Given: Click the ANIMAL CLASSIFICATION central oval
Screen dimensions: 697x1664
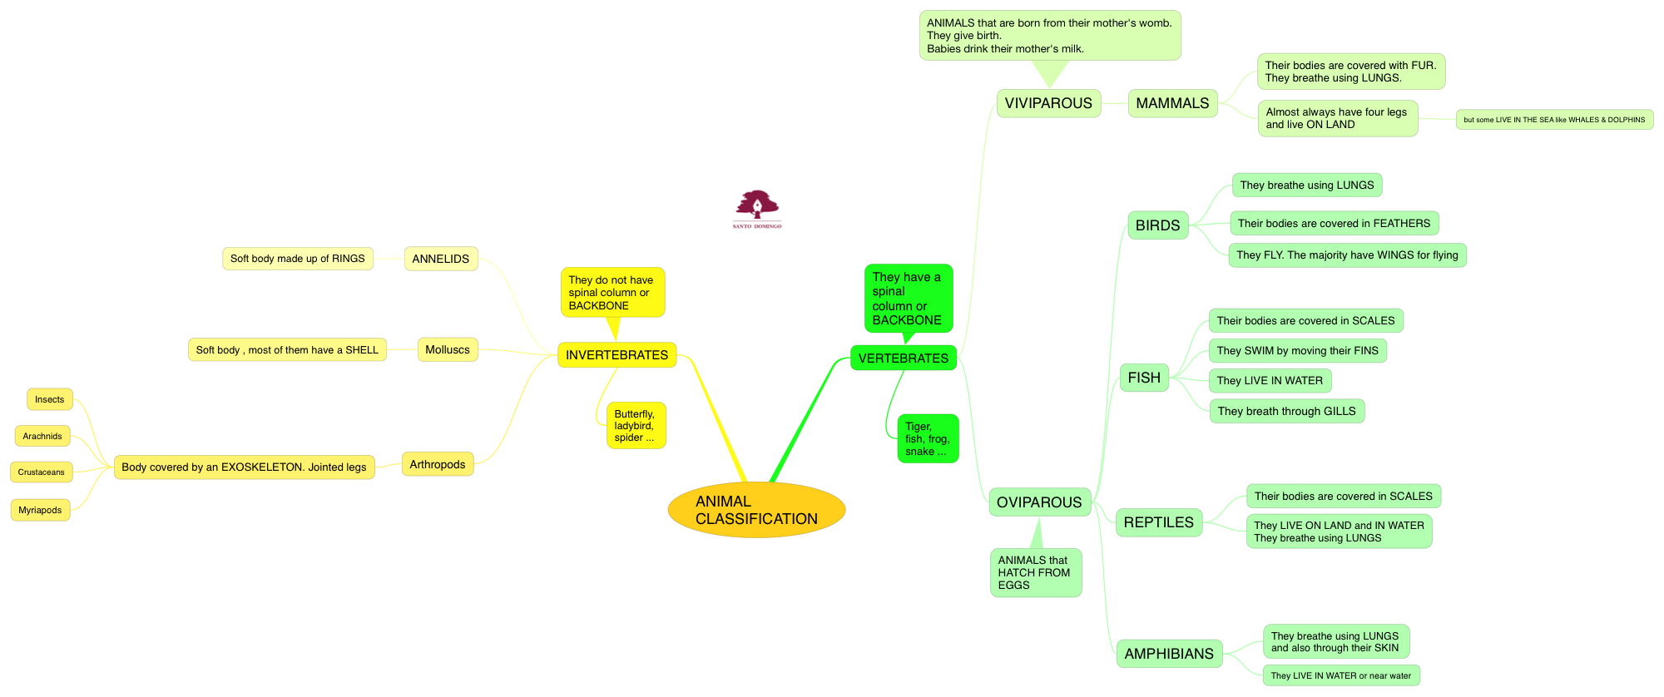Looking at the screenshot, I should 756,510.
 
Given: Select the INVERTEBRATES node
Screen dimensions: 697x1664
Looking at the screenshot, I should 617,355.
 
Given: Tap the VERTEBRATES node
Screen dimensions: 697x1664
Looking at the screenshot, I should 903,358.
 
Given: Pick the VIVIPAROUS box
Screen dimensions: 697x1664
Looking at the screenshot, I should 1048,103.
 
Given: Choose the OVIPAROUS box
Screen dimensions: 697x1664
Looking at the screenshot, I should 1039,502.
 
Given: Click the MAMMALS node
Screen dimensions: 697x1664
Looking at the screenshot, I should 1172,103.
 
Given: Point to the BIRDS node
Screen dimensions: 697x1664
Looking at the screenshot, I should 1157,225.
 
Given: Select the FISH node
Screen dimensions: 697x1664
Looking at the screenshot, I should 1144,378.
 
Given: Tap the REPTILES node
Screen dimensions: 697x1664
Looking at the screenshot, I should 1158,522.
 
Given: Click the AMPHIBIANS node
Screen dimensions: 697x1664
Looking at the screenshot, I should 1169,654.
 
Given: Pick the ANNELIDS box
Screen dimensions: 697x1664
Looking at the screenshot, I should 440,259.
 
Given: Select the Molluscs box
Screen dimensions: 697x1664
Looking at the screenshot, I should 447,350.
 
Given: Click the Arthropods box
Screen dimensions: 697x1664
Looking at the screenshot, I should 437,464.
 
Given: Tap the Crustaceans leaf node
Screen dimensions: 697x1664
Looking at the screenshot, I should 42,472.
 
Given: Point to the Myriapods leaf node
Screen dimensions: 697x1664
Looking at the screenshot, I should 40,510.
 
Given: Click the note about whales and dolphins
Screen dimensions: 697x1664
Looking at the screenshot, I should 1554,120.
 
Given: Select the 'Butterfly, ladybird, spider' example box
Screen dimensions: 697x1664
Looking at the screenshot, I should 635,426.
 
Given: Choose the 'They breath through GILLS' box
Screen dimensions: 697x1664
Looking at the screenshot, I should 1286,411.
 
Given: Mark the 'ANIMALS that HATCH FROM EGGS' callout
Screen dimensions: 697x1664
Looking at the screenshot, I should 1035,572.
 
